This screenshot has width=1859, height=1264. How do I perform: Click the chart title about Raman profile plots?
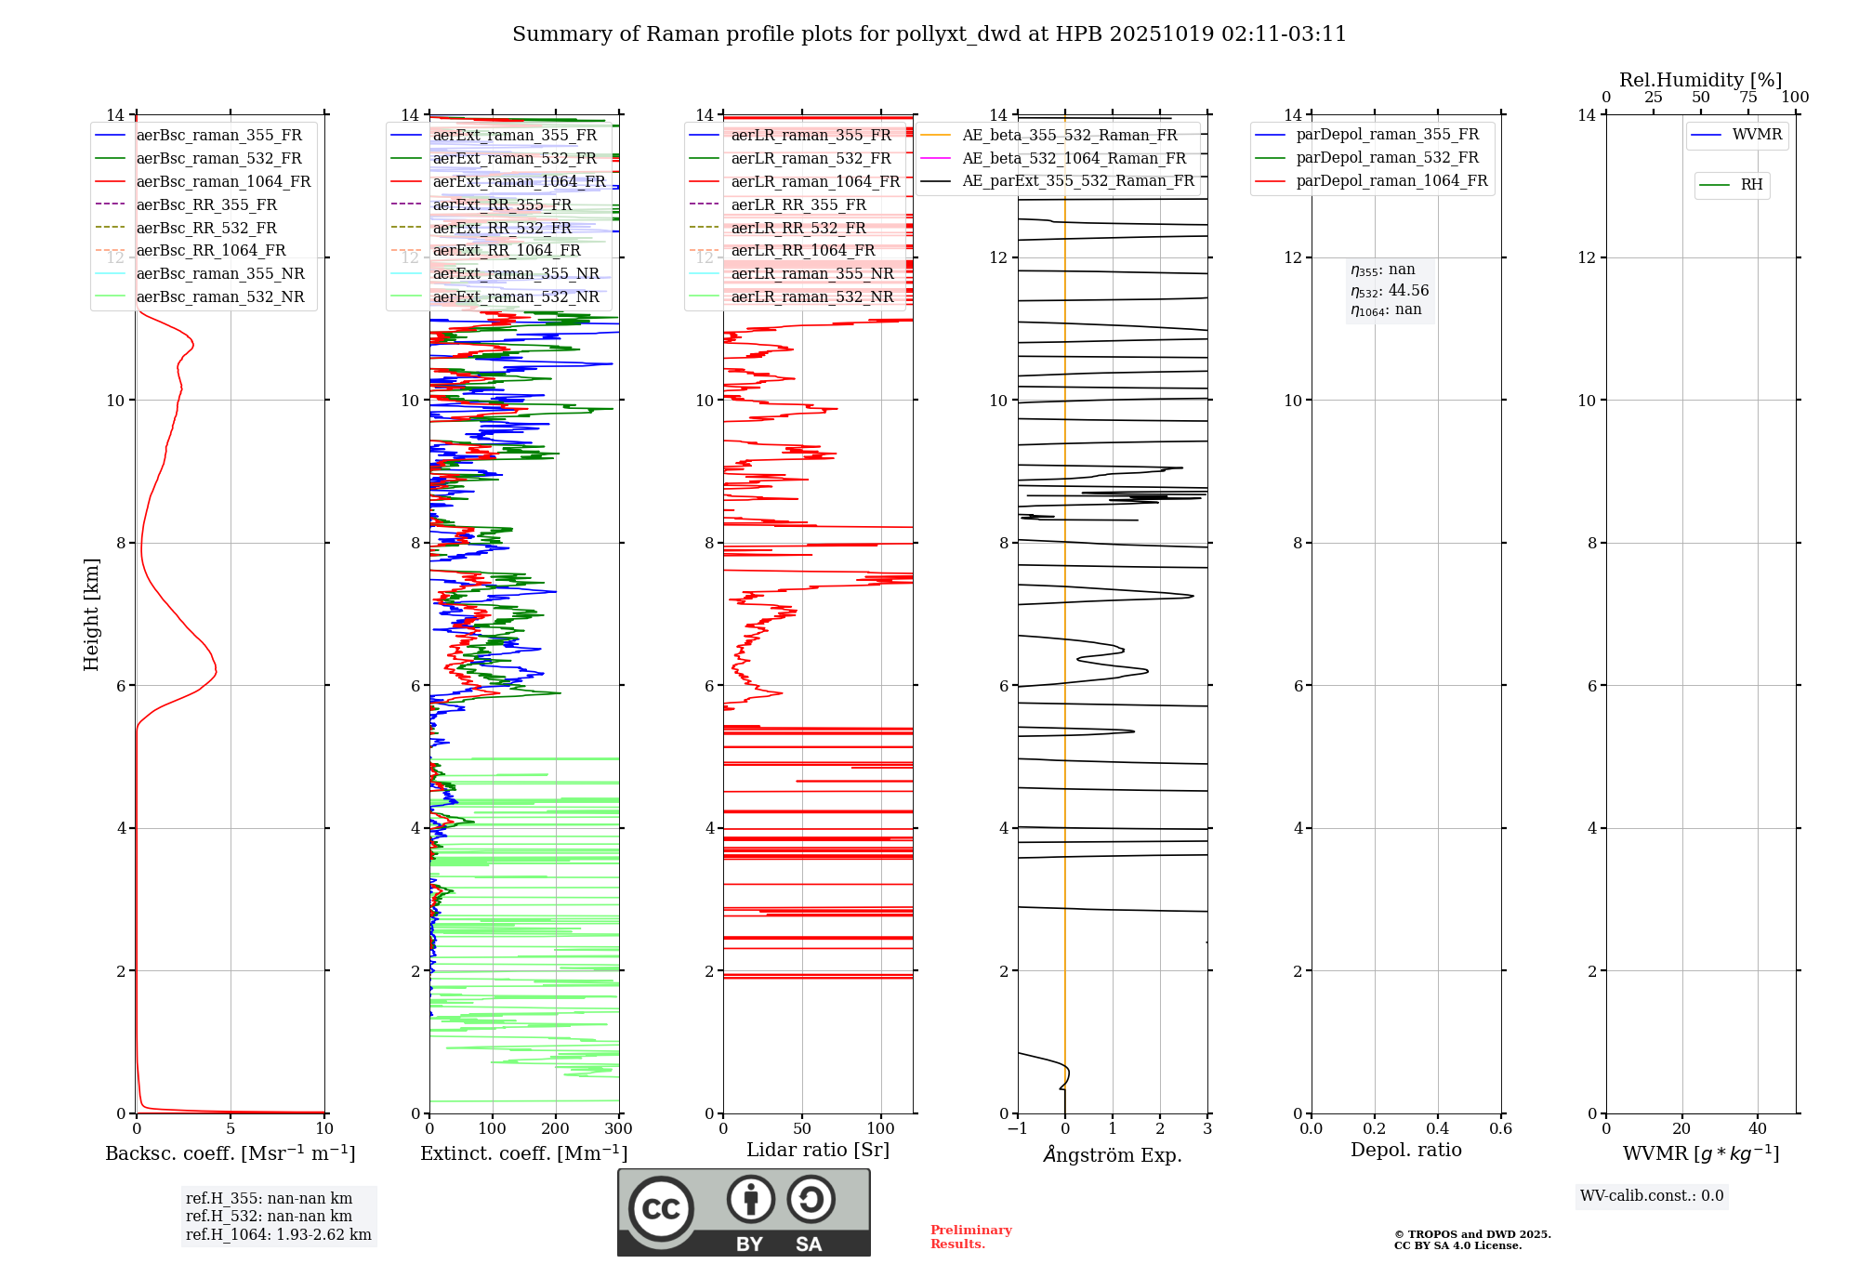pyautogui.click(x=929, y=34)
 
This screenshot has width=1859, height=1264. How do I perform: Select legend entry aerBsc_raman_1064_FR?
pyautogui.click(x=223, y=181)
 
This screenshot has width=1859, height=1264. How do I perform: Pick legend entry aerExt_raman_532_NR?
pyautogui.click(x=516, y=296)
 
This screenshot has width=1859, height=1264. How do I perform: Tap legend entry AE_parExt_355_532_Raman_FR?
pyautogui.click(x=1077, y=180)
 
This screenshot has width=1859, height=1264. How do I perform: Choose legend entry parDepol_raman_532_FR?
pyautogui.click(x=1387, y=158)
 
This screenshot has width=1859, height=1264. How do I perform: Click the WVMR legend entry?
pyautogui.click(x=1757, y=135)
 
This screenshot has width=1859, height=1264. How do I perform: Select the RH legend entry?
pyautogui.click(x=1751, y=185)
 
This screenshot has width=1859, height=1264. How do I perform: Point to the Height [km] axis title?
pyautogui.click(x=91, y=614)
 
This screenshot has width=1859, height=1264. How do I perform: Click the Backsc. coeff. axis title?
pyautogui.click(x=230, y=1153)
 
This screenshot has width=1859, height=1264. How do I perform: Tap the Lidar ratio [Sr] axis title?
pyautogui.click(x=818, y=1150)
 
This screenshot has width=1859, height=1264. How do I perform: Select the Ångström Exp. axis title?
pyautogui.click(x=1113, y=1154)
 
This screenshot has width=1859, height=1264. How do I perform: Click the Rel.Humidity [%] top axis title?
pyautogui.click(x=1700, y=80)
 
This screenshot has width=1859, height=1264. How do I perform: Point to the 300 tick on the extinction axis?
pyautogui.click(x=618, y=1129)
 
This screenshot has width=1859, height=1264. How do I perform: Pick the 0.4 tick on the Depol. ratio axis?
pyautogui.click(x=1437, y=1129)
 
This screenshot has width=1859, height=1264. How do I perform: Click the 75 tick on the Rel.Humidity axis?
pyautogui.click(x=1747, y=98)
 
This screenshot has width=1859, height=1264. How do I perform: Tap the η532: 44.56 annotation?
pyautogui.click(x=1390, y=290)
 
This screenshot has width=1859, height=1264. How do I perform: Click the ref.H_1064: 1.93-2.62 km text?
pyautogui.click(x=278, y=1234)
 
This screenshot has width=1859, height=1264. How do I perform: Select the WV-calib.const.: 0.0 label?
pyautogui.click(x=1652, y=1196)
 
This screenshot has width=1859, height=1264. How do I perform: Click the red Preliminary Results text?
pyautogui.click(x=970, y=1237)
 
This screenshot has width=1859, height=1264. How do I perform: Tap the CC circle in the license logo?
pyautogui.click(x=661, y=1209)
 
